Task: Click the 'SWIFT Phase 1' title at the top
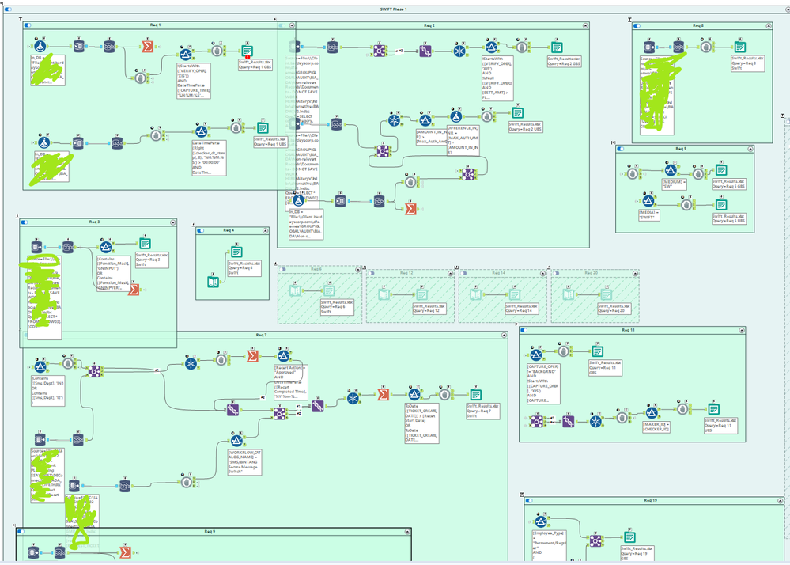tap(393, 9)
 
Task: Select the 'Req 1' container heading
tap(155, 25)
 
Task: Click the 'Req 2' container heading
tap(429, 25)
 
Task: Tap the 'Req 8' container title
tap(697, 25)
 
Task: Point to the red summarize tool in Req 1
tap(147, 47)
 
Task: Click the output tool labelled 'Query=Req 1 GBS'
tap(246, 51)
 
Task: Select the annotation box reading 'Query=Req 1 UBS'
tap(269, 142)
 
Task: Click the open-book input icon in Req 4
tap(211, 280)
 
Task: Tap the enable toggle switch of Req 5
tap(620, 148)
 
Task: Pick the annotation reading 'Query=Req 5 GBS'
tap(728, 184)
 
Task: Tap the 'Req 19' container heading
tap(649, 500)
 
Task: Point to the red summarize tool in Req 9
tap(125, 552)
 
